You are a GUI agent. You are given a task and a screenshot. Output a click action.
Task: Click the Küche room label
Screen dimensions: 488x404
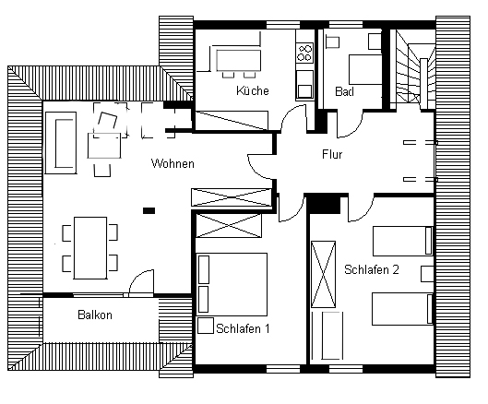pos(253,90)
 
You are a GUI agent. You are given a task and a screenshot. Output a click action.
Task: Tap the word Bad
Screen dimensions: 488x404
pos(344,91)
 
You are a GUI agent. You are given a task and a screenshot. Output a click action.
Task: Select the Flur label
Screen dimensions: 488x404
pos(332,154)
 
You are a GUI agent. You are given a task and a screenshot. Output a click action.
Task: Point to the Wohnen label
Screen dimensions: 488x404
pos(173,163)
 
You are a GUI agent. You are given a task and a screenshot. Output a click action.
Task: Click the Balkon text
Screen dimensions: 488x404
pos(95,315)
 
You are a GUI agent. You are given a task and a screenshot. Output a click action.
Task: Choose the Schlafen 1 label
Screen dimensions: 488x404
pos(243,328)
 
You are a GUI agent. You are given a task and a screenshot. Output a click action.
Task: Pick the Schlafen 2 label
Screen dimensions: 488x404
pos(372,269)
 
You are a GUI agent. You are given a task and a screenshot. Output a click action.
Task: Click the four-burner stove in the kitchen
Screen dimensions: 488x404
pos(304,53)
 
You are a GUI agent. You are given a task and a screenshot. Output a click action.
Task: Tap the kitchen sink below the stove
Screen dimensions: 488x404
pos(304,84)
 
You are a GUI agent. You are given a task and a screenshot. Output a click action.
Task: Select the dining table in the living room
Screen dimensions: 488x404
pos(90,248)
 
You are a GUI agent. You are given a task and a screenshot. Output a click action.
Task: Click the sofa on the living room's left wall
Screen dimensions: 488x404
pos(61,143)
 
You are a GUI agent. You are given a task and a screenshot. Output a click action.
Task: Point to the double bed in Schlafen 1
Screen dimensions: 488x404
pos(232,284)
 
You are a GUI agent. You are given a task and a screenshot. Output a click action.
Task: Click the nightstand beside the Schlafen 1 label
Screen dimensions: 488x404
pos(206,326)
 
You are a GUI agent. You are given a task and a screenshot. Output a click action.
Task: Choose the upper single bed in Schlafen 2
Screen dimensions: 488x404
pos(403,241)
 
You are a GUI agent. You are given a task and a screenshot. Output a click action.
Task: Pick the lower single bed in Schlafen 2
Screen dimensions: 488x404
pos(402,309)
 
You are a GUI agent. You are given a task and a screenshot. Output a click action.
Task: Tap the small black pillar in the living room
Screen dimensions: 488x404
pos(149,210)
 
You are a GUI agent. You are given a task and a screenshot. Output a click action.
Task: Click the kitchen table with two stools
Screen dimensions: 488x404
pos(239,64)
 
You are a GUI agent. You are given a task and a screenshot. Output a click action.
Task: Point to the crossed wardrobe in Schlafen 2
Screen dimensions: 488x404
pos(324,274)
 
